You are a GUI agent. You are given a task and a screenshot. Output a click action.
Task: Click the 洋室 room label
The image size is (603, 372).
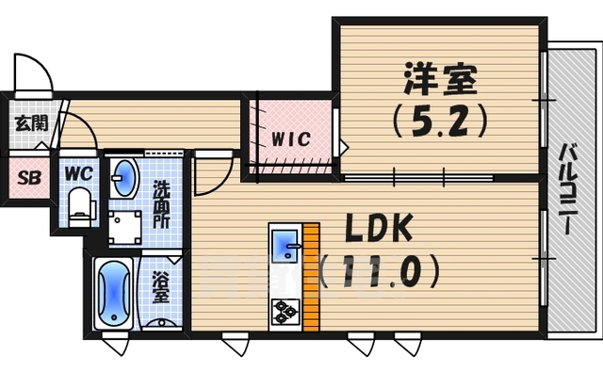[440, 77]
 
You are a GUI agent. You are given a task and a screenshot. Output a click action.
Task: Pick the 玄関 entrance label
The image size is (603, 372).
[24, 122]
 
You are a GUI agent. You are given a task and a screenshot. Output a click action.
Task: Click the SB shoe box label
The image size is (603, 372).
[24, 175]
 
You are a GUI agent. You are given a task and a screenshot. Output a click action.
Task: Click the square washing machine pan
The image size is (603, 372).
[123, 227]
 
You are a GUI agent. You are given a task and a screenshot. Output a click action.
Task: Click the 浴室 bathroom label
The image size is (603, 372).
[161, 288]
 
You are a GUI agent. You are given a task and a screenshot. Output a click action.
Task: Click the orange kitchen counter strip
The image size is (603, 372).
[310, 278]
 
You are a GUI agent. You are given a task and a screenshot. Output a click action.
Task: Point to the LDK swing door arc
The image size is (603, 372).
[213, 174]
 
